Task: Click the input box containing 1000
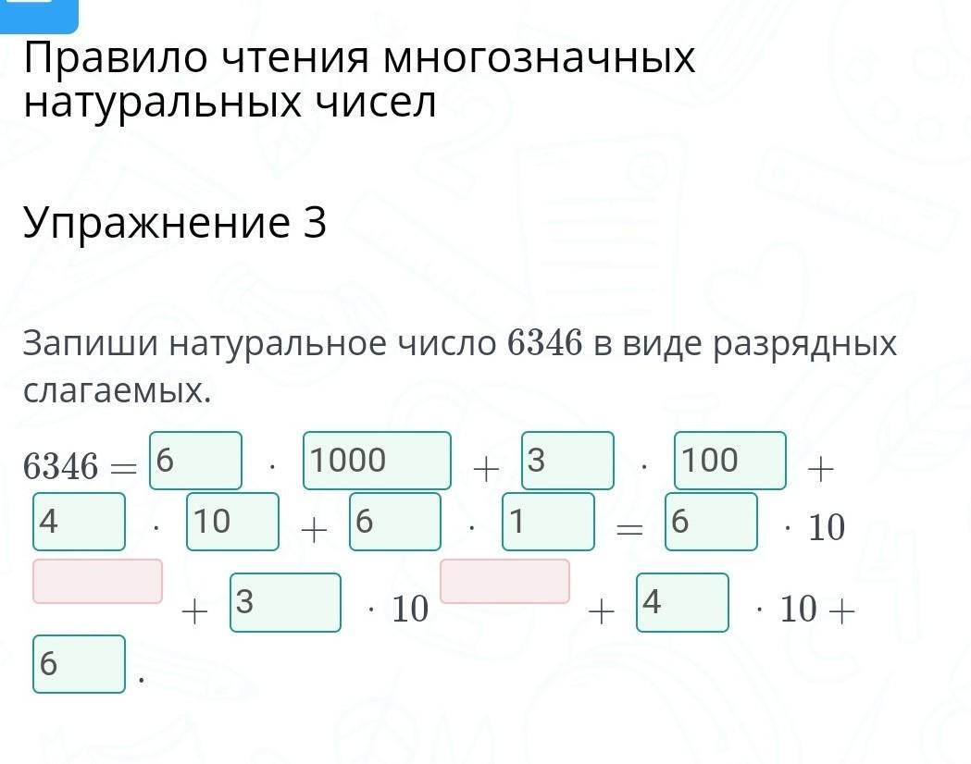[x=377, y=461]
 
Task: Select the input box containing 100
[x=730, y=461]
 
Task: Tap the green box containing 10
[x=232, y=522]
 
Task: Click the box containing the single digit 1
[x=548, y=522]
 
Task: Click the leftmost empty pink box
[x=98, y=581]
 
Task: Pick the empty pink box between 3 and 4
[x=504, y=581]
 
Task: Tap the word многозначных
[x=539, y=59]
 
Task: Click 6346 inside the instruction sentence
[x=545, y=344]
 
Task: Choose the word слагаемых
[x=117, y=391]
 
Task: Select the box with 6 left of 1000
[x=195, y=461]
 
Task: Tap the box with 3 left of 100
[x=567, y=461]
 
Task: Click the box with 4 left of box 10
[x=79, y=522]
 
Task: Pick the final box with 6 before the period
[x=79, y=664]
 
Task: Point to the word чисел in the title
[x=380, y=104]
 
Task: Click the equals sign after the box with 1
[x=629, y=529]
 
